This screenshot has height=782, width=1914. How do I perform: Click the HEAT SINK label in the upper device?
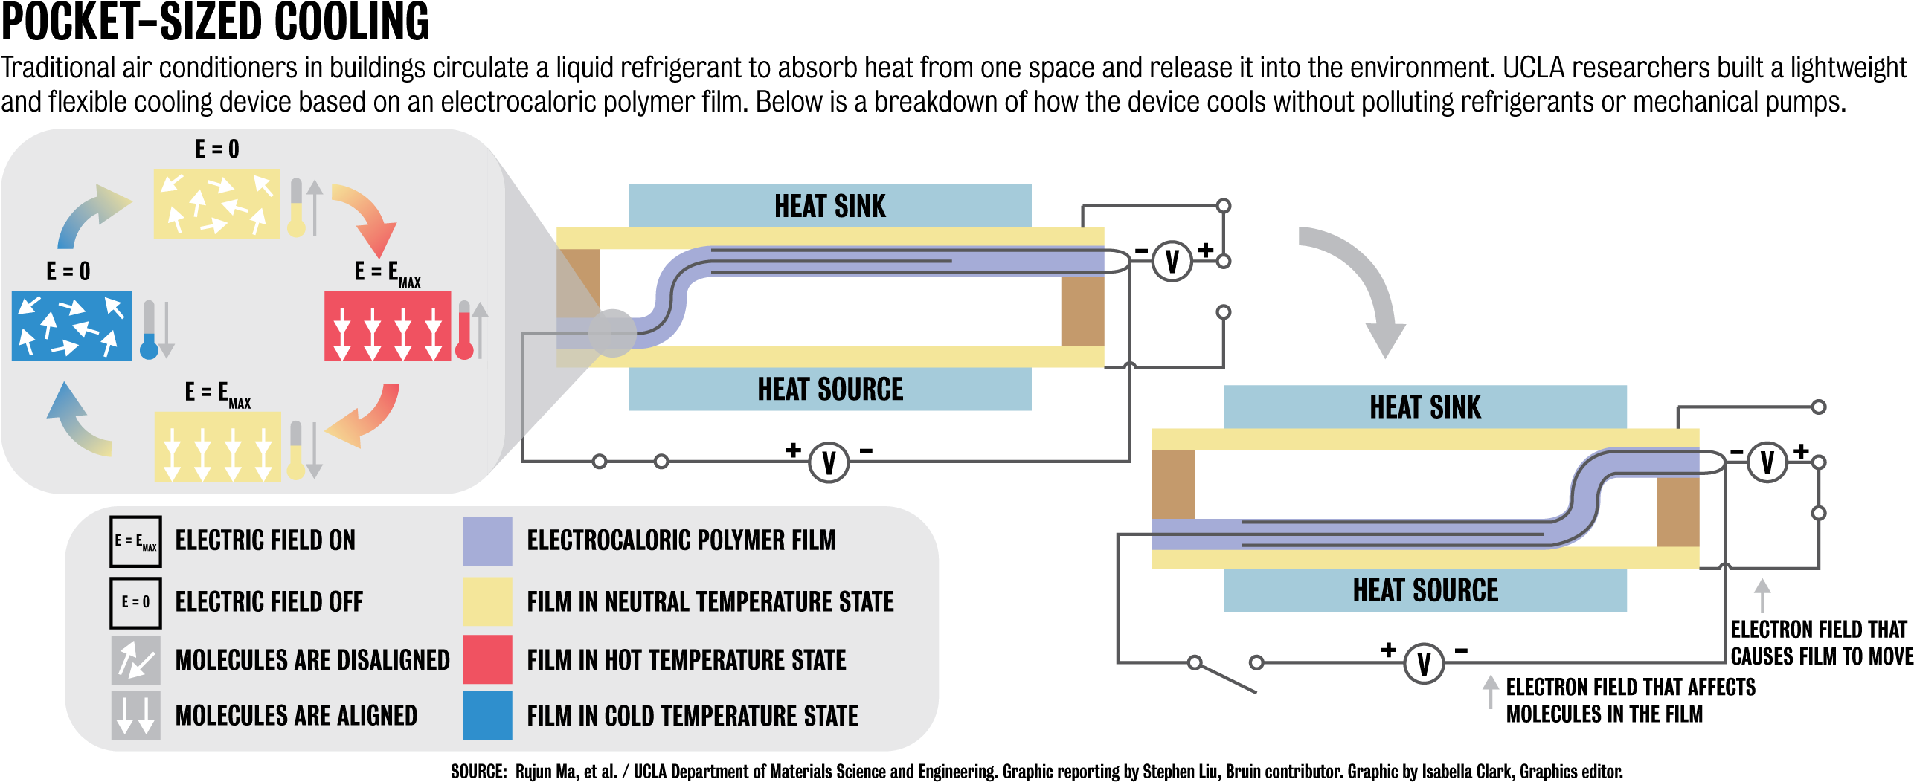pos(829,206)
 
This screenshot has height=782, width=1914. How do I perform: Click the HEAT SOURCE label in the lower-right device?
pos(1425,590)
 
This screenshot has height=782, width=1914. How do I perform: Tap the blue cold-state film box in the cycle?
pos(71,326)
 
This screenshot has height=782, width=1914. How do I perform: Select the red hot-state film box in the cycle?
pos(387,326)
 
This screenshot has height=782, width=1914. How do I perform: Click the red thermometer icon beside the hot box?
pos(464,336)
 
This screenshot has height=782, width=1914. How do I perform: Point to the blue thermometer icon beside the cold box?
pos(149,346)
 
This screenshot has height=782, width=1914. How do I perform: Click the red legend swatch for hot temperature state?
pos(487,659)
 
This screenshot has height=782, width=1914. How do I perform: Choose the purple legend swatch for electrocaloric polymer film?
pos(487,541)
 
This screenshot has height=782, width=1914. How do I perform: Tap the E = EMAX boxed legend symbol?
pos(135,541)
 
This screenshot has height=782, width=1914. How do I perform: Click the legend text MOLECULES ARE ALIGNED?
pos(296,716)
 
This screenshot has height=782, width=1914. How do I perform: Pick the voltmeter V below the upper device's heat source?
pos(829,462)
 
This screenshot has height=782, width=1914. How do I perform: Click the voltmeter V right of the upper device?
pos(1172,262)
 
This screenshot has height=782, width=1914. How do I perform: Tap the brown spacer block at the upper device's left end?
pos(579,282)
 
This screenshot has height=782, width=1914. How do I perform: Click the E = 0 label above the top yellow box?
pos(217,149)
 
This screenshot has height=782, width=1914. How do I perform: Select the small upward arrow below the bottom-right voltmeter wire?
pos(1490,691)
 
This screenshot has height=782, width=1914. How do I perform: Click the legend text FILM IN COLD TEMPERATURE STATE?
pos(692,716)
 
